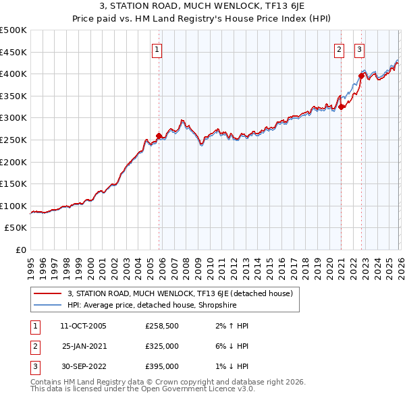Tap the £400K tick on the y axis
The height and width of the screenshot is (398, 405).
pyautogui.click(x=13, y=74)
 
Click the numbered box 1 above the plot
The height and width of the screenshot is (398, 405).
pyautogui.click(x=157, y=49)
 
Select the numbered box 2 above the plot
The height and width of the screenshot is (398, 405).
pyautogui.click(x=339, y=49)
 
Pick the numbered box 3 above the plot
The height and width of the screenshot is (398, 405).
pyautogui.click(x=359, y=49)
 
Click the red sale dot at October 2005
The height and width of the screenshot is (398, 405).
pyautogui.click(x=159, y=136)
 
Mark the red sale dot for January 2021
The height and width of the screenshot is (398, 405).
pyautogui.click(x=342, y=107)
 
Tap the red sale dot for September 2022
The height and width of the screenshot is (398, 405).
pyautogui.click(x=361, y=76)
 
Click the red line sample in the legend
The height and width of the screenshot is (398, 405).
pyautogui.click(x=49, y=293)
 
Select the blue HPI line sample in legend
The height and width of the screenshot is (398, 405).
pyautogui.click(x=49, y=304)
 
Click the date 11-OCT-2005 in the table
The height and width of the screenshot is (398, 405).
pyautogui.click(x=83, y=326)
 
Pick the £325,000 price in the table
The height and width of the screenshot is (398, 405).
pyautogui.click(x=162, y=346)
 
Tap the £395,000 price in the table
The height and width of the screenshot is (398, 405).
pyautogui.click(x=162, y=366)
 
